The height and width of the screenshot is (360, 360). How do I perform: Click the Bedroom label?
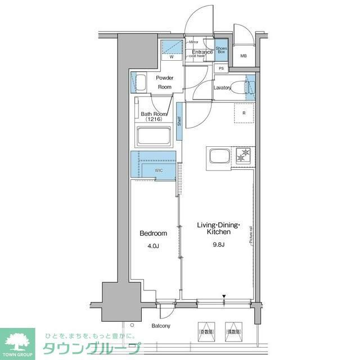coord(153,233)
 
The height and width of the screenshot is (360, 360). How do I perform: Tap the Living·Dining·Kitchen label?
coord(218,228)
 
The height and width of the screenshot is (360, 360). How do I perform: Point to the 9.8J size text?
coord(218,245)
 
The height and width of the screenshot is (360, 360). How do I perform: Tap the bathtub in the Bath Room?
coord(155,137)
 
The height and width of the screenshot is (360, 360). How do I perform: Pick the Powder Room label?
coord(165,82)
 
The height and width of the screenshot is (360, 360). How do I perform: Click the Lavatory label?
coord(223,88)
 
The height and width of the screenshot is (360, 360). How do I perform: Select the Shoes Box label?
coord(222,52)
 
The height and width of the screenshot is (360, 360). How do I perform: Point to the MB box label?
coord(244,56)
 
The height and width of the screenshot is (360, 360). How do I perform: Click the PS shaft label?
coord(222,69)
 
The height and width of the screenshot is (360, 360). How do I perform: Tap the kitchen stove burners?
coord(244,155)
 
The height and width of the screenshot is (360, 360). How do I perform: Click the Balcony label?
coord(160,326)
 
